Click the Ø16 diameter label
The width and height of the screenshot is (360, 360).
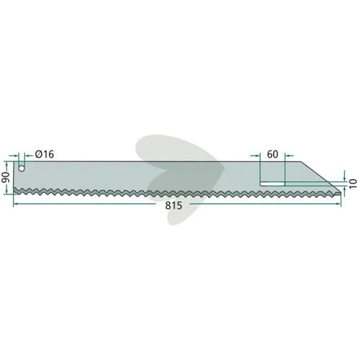point(45,154)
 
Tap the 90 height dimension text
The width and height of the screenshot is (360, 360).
point(6,177)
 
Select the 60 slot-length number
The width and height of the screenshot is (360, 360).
point(273,154)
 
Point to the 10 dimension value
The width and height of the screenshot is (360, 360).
point(354,184)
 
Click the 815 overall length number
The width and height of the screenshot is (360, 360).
point(174,206)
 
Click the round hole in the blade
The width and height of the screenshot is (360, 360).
point(22,168)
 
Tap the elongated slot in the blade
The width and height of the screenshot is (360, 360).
point(272,184)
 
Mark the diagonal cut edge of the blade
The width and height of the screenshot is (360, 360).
point(321,177)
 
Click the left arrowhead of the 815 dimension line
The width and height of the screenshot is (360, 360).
point(16,204)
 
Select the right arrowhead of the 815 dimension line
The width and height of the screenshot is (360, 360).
point(338,204)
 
